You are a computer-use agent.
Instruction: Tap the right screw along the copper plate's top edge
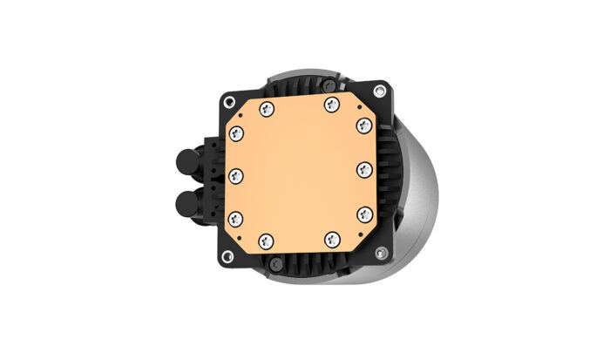(329, 105)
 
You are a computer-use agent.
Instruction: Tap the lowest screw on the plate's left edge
(236, 217)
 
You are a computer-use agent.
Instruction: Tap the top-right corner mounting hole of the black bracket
(380, 90)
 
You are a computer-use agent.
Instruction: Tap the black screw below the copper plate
(274, 262)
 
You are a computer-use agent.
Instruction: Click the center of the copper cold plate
(300, 172)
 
